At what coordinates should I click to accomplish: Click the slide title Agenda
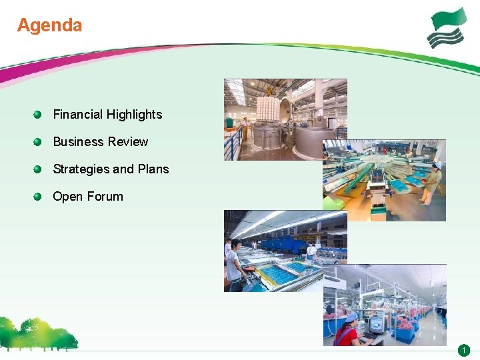[x=49, y=25]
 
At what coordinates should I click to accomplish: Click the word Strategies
[x=81, y=169]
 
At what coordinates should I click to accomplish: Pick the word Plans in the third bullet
[x=153, y=169]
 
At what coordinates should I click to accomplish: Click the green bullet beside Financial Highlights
[x=39, y=114]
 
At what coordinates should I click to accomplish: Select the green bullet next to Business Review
[x=39, y=141]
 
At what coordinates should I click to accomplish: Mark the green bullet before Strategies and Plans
[x=39, y=169]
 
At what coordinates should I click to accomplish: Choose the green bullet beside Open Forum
[x=39, y=196]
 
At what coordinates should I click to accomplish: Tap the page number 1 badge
[x=464, y=350]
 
